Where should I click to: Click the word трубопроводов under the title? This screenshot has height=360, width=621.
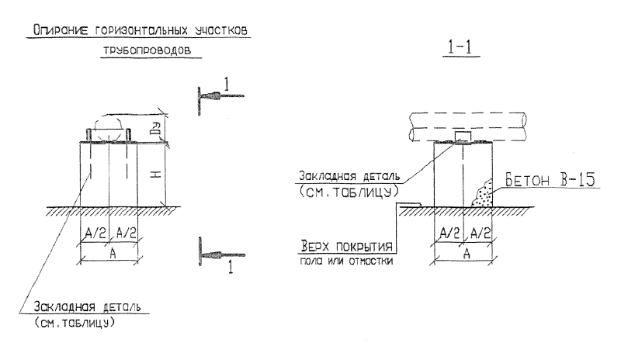point(147,50)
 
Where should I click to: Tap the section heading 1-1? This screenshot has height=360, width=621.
point(460,48)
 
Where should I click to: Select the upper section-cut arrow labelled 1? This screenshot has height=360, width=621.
point(220,96)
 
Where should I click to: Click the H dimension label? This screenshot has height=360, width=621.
point(156,173)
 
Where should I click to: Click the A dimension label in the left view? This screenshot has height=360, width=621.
point(113,254)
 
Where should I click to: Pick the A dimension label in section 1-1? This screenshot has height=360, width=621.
point(467,254)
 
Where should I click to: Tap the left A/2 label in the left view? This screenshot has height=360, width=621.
point(95,234)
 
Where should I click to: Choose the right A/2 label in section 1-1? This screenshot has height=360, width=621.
point(480,234)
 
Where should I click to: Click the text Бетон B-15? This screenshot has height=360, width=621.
point(550,180)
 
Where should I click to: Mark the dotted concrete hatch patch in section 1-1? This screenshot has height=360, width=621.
point(483,194)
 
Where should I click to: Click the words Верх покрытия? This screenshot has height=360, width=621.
point(346,247)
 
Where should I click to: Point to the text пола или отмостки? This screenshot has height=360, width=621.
point(346,261)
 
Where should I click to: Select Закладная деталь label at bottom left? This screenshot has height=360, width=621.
point(87,307)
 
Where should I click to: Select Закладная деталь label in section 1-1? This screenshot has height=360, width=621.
point(349,176)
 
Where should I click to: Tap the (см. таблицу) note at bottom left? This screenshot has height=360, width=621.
point(75,323)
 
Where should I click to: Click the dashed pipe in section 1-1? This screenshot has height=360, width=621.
point(468,126)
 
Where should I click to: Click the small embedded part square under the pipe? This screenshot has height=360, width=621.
point(463,137)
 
